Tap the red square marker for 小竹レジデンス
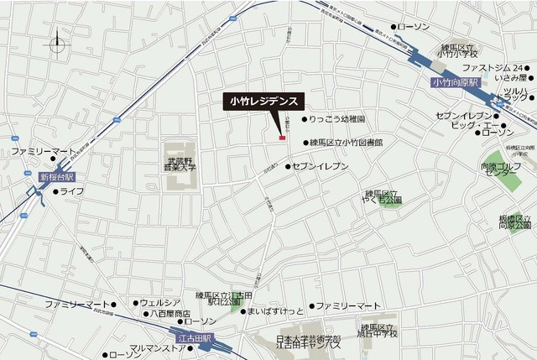(x=283, y=138)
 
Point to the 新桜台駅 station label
(x=57, y=178)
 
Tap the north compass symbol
(x=57, y=44)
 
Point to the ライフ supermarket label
(x=72, y=192)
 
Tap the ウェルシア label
(x=161, y=302)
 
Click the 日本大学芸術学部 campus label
(x=309, y=341)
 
